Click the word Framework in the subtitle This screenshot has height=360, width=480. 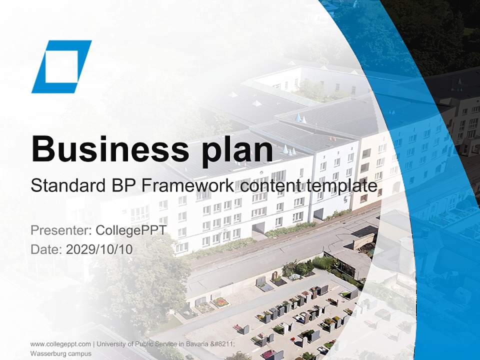pyautogui.click(x=187, y=186)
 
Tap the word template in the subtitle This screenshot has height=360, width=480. pyautogui.click(x=343, y=186)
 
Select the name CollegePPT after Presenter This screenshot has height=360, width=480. pyautogui.click(x=130, y=230)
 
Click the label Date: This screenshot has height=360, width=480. pyautogui.click(x=46, y=249)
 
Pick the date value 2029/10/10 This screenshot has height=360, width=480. pyautogui.click(x=99, y=249)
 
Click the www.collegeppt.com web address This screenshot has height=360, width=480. pyautogui.click(x=60, y=344)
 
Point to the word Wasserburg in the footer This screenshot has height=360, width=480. pyautogui.click(x=46, y=353)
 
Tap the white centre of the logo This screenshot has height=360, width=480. pyautogui.click(x=61, y=66)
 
